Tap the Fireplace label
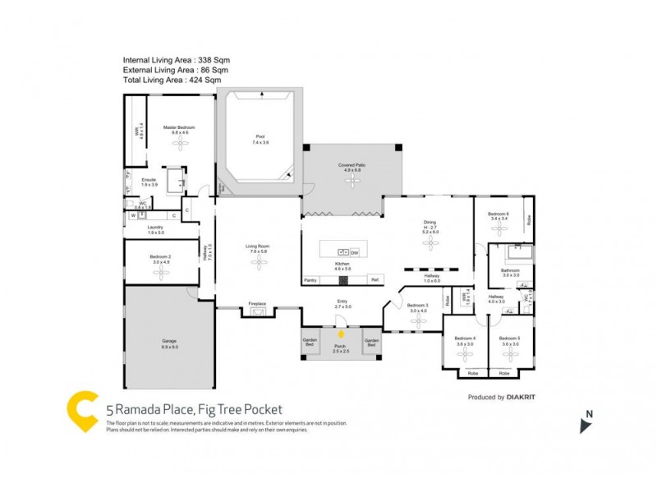pos(258,304)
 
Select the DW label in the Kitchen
pos(355,252)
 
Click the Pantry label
pos(310,280)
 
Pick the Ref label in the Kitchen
pos(374,280)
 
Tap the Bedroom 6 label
pos(499,216)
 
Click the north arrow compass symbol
pos(585,425)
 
